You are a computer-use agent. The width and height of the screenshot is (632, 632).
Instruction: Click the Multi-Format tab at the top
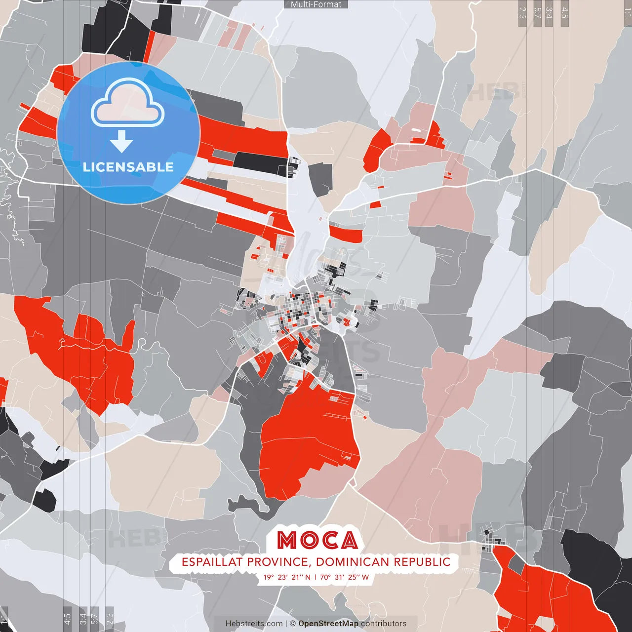[x=316, y=4]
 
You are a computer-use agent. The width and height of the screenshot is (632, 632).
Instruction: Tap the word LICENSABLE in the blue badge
[x=128, y=167]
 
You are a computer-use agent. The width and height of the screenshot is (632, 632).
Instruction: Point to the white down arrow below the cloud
[x=121, y=142]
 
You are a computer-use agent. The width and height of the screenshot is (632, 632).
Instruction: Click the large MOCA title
[x=317, y=540]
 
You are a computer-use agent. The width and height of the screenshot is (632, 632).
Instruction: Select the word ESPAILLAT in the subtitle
[x=212, y=562]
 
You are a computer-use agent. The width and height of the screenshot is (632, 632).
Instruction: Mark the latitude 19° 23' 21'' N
[x=287, y=577]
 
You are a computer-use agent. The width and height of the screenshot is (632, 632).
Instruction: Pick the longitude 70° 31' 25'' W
[x=344, y=577]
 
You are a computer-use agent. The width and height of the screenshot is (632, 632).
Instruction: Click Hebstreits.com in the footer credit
[x=254, y=624]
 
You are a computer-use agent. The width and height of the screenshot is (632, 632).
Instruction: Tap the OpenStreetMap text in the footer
[x=328, y=624]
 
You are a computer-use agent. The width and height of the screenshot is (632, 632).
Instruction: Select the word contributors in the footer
[x=384, y=624]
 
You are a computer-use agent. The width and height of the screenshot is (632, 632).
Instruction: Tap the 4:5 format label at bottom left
[x=67, y=618]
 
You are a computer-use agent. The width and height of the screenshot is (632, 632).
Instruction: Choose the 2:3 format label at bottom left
[x=110, y=618]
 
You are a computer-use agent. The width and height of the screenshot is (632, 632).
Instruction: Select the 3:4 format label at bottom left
[x=83, y=618]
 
